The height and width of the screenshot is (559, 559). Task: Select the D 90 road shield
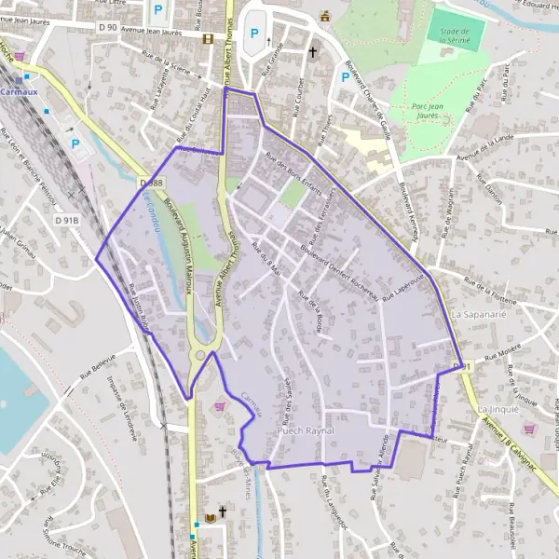(x=106, y=27)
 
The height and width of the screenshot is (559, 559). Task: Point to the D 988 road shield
(x=151, y=184)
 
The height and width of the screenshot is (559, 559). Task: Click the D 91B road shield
(x=66, y=220)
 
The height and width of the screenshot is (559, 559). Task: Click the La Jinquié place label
(x=496, y=409)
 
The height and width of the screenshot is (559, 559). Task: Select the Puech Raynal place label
(x=305, y=433)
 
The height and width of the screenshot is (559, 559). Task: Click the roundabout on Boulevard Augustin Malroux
(x=199, y=355)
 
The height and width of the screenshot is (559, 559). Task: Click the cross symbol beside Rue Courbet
(x=313, y=53)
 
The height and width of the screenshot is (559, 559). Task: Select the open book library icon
(x=209, y=517)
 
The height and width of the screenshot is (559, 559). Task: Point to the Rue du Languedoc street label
(x=331, y=504)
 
